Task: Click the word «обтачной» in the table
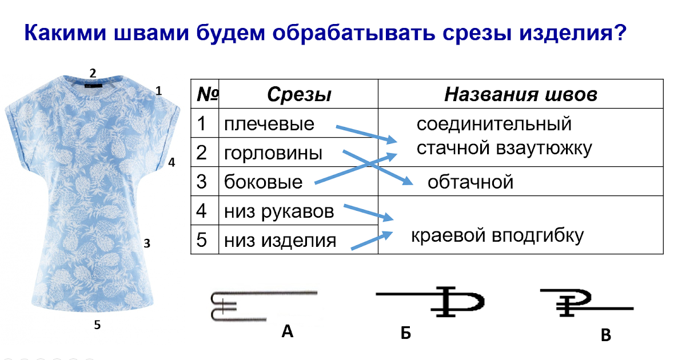click(470, 182)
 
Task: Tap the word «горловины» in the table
click(273, 153)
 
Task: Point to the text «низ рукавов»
click(279, 211)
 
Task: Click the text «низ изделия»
click(280, 240)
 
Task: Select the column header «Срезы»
click(299, 94)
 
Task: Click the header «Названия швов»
click(521, 94)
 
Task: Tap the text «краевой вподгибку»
click(497, 235)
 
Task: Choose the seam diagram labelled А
click(264, 306)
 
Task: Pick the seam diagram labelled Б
click(430, 302)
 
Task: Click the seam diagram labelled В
click(587, 302)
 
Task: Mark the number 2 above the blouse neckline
click(93, 73)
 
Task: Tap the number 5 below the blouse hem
click(97, 325)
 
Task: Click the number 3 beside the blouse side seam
click(147, 243)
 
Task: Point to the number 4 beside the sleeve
click(171, 162)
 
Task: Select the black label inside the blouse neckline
click(93, 86)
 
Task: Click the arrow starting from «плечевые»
click(366, 134)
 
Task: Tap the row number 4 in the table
click(201, 211)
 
